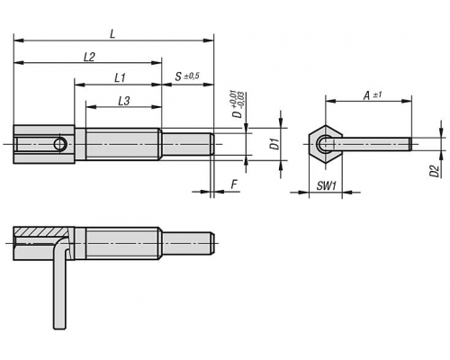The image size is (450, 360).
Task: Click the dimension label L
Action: pos(112,34)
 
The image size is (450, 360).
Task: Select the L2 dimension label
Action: pos(89,57)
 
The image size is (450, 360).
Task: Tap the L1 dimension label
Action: pos(120,78)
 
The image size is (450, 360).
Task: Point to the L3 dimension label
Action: pos(123,101)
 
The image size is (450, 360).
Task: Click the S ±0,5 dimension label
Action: pos(187,76)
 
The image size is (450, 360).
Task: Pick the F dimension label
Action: pos(234,184)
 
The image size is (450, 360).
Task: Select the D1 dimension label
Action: pos(274,144)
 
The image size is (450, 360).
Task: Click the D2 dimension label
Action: pos(435,171)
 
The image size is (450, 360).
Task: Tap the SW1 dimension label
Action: pos(326,186)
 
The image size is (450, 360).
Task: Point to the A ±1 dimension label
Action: pos(373,95)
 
